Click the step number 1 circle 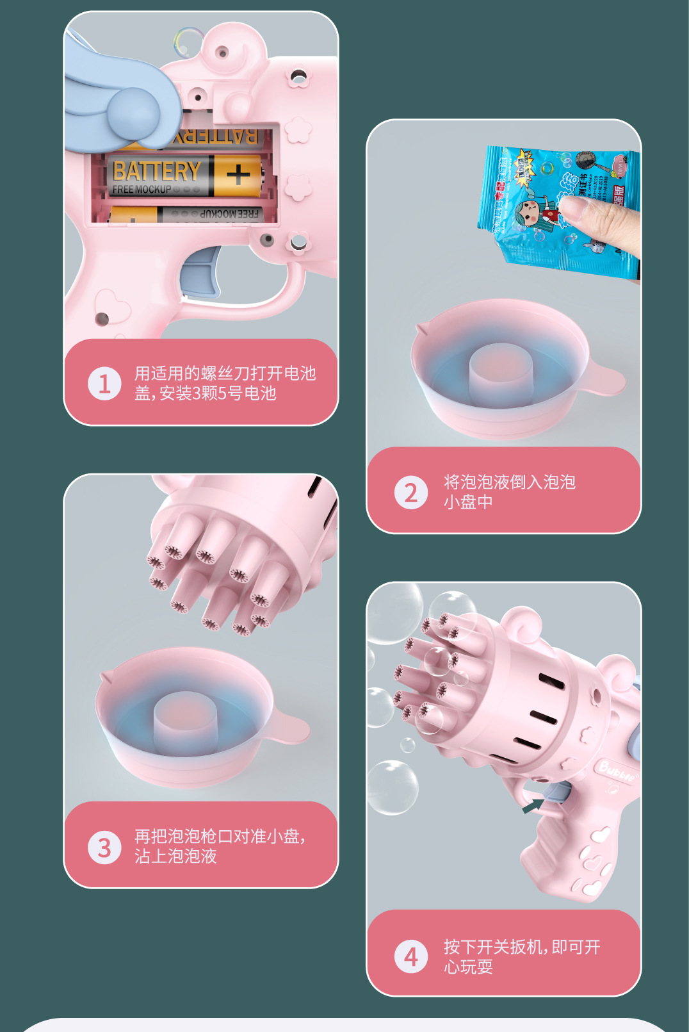(104, 384)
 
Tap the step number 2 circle (410, 493)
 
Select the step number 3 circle (104, 848)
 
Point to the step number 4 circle (410, 956)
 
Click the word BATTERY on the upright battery (156, 171)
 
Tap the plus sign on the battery (238, 174)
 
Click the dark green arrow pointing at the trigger (533, 805)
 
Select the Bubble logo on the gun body (617, 771)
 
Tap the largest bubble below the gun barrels (392, 787)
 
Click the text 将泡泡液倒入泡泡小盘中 (509, 491)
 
